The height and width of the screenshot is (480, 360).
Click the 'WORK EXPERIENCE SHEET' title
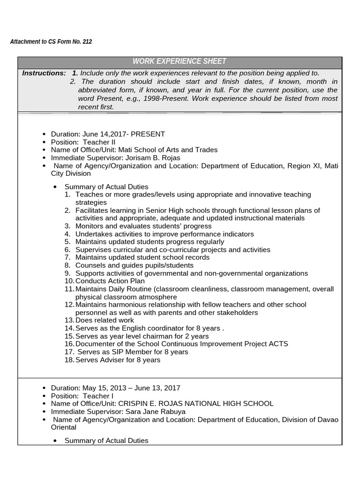(180, 61)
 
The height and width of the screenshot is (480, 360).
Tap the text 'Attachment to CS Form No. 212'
(51, 42)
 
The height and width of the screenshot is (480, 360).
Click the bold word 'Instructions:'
(44, 73)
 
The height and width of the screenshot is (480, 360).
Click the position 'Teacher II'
(99, 142)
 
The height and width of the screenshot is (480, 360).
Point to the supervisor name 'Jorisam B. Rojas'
(152, 157)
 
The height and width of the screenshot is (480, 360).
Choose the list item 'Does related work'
(101, 321)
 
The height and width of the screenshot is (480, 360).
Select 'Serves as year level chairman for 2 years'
(142, 337)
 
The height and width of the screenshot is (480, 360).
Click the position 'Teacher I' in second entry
(98, 396)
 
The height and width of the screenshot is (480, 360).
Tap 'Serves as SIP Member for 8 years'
(133, 352)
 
